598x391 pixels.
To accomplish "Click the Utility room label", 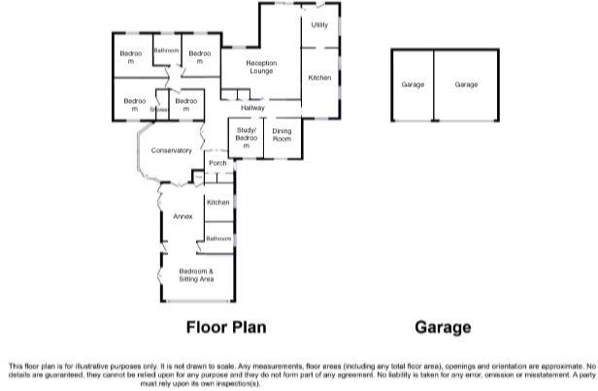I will coord(318,25).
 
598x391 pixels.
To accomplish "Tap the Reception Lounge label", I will coord(261,67).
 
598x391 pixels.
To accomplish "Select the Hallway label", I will coord(253,108).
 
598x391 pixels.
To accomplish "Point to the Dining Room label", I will coord(282,137).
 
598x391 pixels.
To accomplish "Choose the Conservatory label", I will coord(171,150).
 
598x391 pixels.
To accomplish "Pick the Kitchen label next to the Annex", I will coord(217,202).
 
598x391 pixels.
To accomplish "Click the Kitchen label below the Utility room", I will coord(319,77).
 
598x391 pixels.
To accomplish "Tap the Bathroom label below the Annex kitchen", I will coord(217,238).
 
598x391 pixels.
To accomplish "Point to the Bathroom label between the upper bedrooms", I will coord(165,50).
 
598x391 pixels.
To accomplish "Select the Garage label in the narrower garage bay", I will coord(413,85).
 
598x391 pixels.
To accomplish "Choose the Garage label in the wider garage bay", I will coord(466,85).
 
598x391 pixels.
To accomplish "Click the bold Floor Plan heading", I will coord(225,328).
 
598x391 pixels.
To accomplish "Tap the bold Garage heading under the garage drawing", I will coord(443,328).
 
